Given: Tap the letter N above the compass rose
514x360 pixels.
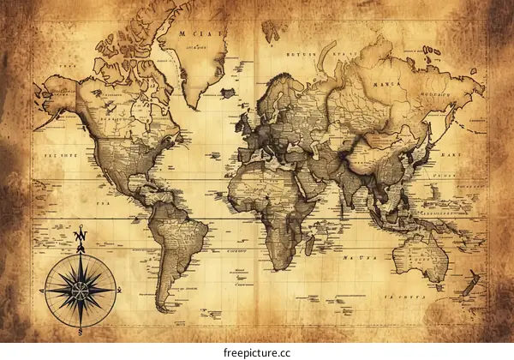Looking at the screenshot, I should click(x=78, y=234).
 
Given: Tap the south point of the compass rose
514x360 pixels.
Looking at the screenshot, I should click(x=78, y=330).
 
